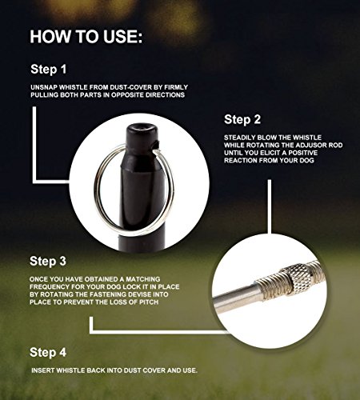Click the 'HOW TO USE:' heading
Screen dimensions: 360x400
[x=86, y=37]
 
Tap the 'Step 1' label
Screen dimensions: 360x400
[x=48, y=70]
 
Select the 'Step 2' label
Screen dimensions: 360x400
[x=242, y=119]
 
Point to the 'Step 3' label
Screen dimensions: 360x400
[x=48, y=261]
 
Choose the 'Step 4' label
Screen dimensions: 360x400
[x=48, y=352]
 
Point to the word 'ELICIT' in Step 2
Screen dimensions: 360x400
[x=270, y=153]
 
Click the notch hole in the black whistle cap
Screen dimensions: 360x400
[x=156, y=146]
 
